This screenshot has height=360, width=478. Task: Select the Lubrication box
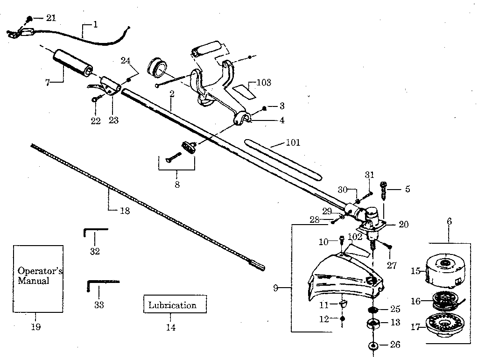point(172,306)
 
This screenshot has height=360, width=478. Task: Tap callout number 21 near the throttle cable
point(51,18)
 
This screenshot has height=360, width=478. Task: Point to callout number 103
point(264,83)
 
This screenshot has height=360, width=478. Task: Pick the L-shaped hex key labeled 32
point(95,231)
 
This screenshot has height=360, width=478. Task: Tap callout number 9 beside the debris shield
point(276,288)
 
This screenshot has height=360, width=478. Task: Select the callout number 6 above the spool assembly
point(449,221)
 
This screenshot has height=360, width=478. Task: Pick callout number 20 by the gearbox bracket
point(403,225)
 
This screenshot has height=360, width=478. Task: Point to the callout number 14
point(171,327)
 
